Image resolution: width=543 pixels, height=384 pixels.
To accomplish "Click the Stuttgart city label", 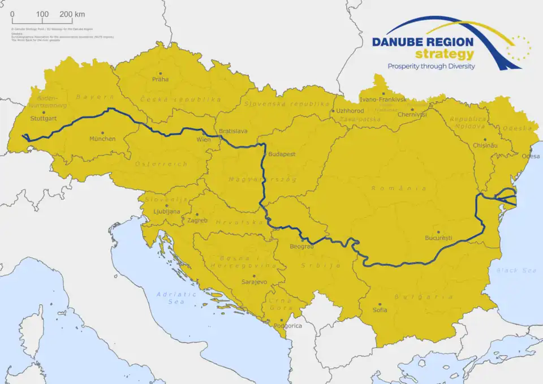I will [44, 119].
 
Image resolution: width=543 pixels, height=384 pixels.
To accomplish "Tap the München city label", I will [102, 139].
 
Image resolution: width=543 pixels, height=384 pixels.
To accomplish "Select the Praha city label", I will [161, 79].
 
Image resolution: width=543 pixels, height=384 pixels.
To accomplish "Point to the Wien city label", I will [203, 139].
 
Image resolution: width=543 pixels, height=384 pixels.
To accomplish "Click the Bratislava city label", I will [233, 131].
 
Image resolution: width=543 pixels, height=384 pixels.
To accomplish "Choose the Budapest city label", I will [282, 154].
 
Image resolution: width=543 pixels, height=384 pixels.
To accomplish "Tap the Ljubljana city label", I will [166, 212].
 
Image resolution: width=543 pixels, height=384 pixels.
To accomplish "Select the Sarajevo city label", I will [254, 281].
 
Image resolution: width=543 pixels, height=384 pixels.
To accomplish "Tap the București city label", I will [438, 238].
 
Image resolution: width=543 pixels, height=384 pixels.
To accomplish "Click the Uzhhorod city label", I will [350, 111].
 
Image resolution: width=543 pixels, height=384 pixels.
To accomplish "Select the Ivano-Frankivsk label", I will [383, 100].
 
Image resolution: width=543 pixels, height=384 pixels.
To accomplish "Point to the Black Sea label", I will [516, 270].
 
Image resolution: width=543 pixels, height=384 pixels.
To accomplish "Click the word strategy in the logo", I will [444, 54].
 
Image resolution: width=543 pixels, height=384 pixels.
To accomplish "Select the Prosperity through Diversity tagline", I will [431, 66].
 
